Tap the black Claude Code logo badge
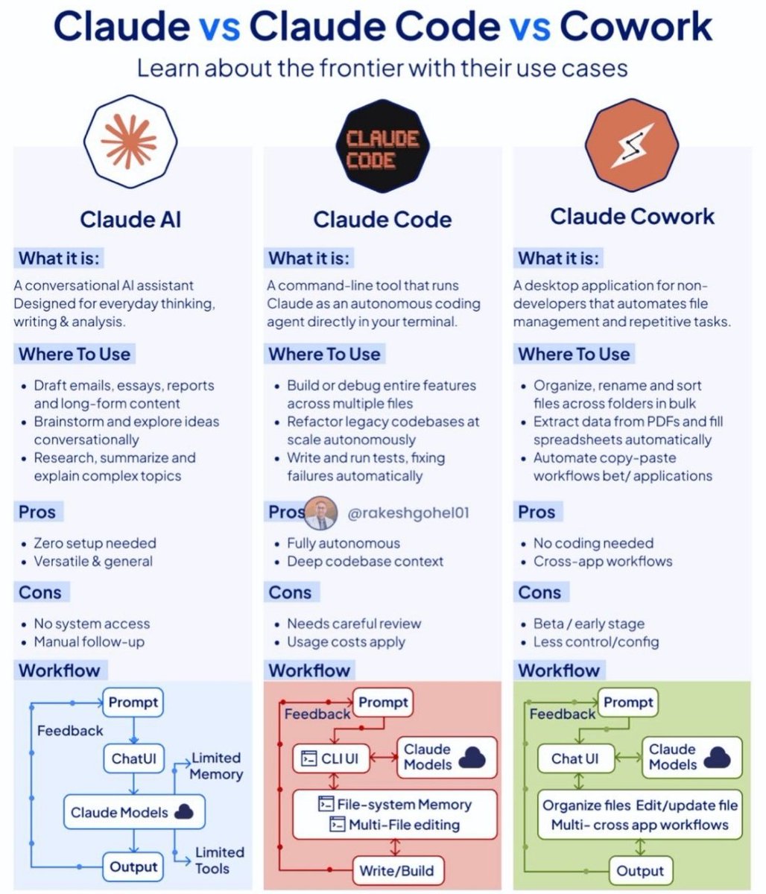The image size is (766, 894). click(x=382, y=149)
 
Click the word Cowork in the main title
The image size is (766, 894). click(x=636, y=28)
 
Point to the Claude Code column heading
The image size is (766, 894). click(x=382, y=219)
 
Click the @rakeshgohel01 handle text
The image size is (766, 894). click(x=408, y=513)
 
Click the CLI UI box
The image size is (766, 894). click(x=332, y=759)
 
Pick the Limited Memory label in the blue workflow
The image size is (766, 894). click(x=216, y=766)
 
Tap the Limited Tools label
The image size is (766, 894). click(x=219, y=860)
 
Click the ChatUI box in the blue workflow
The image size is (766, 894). click(x=133, y=759)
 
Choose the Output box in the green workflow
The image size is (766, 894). click(x=640, y=869)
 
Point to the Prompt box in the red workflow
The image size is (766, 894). click(x=383, y=702)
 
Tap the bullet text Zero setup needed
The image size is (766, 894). click(x=95, y=543)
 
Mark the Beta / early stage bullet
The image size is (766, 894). click(x=589, y=624)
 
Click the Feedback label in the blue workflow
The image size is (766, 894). click(x=70, y=731)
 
